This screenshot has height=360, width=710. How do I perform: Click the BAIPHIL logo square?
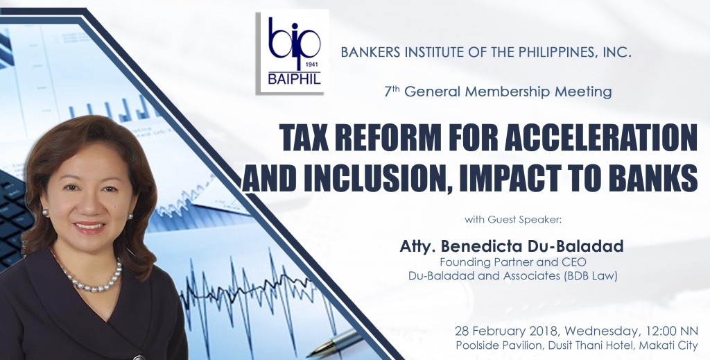point(293,52)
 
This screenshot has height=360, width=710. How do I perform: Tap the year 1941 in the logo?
point(313,65)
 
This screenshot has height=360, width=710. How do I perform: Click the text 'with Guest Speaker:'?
point(513,220)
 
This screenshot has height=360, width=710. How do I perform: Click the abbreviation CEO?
point(574,262)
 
